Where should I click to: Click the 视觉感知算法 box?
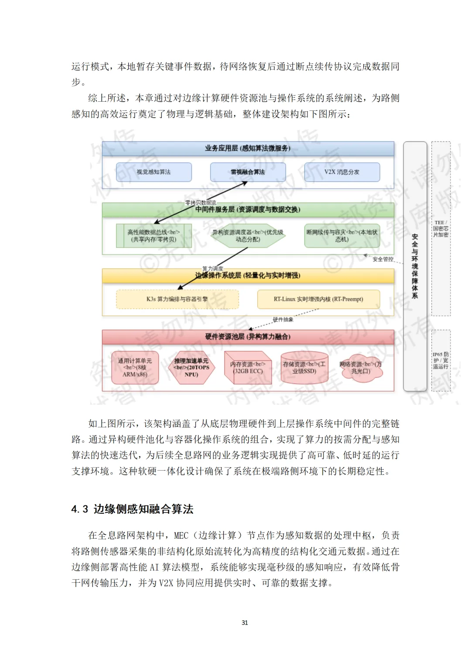(154, 172)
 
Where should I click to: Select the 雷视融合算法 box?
(248, 172)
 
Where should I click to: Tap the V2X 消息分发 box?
(342, 172)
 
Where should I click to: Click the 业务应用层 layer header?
(248, 148)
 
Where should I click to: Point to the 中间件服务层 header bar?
(248, 210)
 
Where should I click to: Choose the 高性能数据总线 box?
(154, 236)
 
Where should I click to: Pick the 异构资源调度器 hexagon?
(248, 236)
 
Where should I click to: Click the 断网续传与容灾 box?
(342, 236)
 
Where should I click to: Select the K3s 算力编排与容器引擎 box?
(177, 299)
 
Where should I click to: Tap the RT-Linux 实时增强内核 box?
(318, 299)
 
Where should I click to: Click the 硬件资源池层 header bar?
(248, 337)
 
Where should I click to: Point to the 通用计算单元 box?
(135, 368)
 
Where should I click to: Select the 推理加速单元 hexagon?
(191, 368)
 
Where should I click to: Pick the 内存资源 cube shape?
(248, 368)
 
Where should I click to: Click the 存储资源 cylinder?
(304, 368)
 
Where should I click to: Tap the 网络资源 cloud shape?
(360, 368)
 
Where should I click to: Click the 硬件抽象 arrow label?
(283, 320)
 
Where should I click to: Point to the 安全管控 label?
(383, 259)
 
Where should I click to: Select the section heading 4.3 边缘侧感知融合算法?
(132, 509)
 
